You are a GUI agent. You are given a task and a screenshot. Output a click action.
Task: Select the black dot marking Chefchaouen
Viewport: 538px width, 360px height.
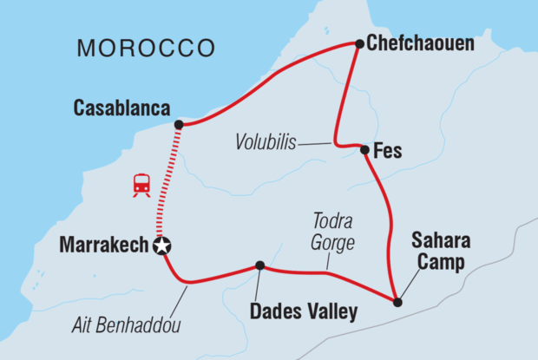click(x=358, y=43)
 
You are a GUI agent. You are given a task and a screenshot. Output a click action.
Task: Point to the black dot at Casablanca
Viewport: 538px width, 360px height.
click(x=179, y=125)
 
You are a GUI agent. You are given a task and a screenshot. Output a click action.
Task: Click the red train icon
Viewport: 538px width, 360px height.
click(x=141, y=185)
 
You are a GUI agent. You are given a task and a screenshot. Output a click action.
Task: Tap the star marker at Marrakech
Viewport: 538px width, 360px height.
click(x=161, y=246)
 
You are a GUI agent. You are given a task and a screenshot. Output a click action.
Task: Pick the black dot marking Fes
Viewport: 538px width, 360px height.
click(x=364, y=150)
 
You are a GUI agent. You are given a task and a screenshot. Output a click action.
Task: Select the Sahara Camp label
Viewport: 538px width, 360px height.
click(x=438, y=252)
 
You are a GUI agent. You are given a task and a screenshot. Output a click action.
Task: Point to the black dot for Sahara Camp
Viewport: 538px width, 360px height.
click(x=397, y=303)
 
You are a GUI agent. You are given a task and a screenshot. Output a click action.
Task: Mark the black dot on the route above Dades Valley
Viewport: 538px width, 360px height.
click(x=259, y=265)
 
